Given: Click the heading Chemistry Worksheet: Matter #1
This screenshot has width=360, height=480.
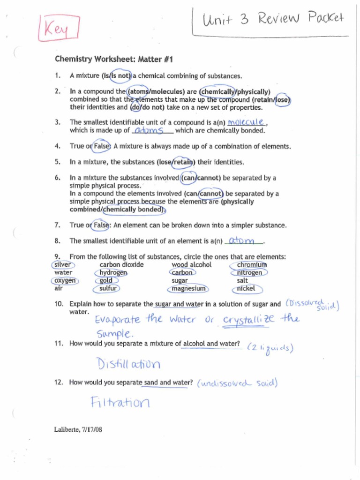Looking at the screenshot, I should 114,59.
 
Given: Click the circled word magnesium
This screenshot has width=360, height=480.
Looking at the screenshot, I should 188,289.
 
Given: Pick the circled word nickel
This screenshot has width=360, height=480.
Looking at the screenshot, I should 247,289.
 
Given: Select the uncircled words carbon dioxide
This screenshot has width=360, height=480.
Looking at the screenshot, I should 121,265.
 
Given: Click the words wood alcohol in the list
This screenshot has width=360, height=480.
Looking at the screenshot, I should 191,265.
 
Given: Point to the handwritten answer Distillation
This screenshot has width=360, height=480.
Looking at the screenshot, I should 128,364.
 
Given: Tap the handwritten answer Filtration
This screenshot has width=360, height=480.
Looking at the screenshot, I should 120,402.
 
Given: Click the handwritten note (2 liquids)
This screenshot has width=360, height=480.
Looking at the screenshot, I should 270,348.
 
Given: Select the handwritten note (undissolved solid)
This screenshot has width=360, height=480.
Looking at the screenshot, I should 237,383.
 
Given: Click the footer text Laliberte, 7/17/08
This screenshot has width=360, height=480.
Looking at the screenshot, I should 78,429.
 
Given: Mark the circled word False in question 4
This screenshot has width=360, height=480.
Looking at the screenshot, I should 101,146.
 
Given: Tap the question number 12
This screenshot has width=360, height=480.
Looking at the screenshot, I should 59,382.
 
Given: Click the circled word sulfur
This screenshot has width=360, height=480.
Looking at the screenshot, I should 107,289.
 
